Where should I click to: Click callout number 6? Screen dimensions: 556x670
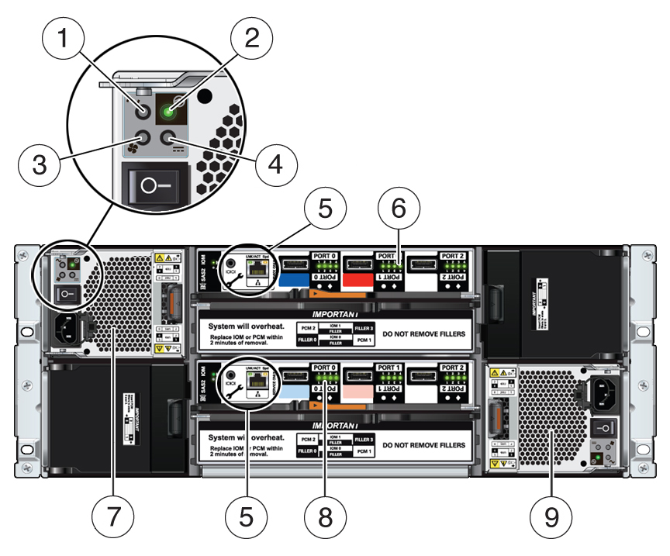(x=399, y=209)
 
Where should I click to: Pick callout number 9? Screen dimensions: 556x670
(x=552, y=515)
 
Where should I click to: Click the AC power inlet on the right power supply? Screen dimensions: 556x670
(x=603, y=395)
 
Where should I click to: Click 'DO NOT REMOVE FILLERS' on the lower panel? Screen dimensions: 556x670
(x=424, y=445)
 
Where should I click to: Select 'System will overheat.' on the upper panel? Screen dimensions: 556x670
(x=247, y=326)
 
